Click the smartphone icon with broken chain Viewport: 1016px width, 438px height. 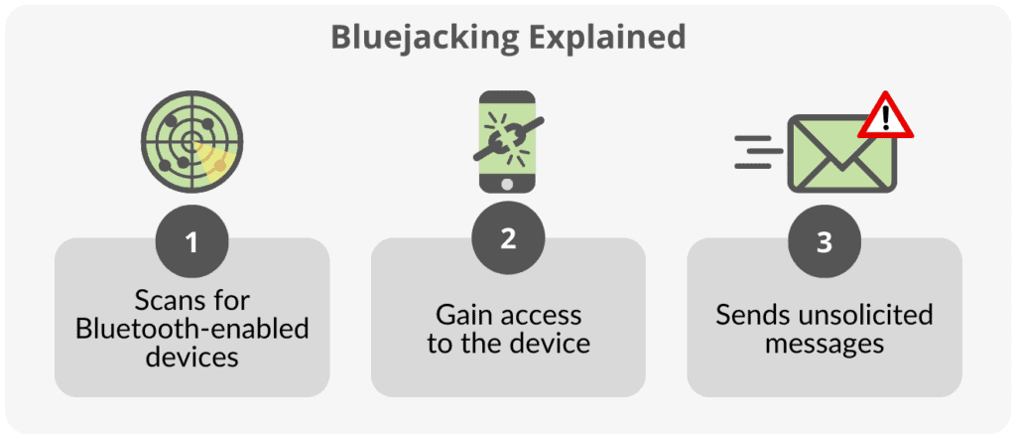pyautogui.click(x=508, y=141)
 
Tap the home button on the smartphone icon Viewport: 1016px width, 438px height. pyautogui.click(x=508, y=184)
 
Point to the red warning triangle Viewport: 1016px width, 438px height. pyautogui.click(x=885, y=118)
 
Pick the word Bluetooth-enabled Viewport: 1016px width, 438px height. pyautogui.click(x=191, y=327)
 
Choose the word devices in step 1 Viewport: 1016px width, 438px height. pyautogui.click(x=191, y=356)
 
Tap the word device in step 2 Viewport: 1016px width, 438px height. pyautogui.click(x=553, y=344)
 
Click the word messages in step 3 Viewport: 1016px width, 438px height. pyautogui.click(x=824, y=344)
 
